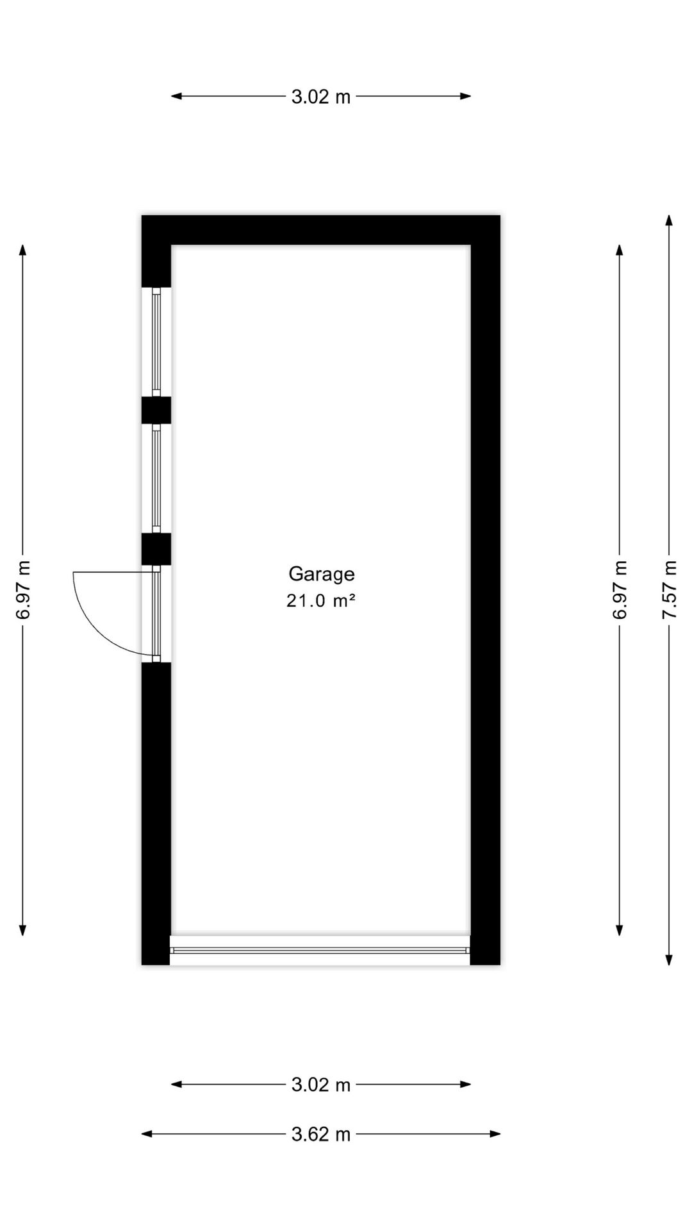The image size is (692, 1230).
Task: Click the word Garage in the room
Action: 321,575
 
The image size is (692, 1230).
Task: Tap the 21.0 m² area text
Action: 321,601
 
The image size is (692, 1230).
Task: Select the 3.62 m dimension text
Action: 321,1135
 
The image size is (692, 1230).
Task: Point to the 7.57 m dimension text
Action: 670,589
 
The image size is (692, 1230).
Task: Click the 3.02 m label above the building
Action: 321,97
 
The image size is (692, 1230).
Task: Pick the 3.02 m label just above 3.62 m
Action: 321,1085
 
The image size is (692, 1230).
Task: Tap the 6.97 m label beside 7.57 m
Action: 620,589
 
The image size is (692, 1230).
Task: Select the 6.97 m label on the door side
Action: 23,589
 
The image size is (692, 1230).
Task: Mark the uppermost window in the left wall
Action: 156,341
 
